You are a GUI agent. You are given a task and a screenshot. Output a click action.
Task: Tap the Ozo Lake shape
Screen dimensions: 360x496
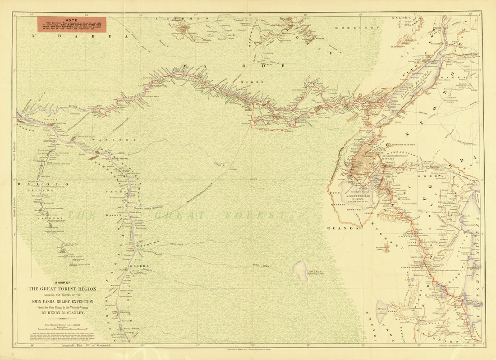(301, 270)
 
